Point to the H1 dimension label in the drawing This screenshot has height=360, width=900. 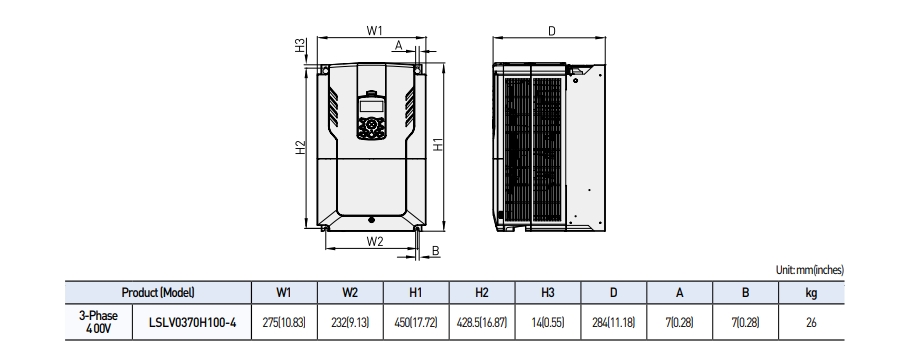[439, 146]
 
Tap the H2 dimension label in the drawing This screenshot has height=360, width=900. [300, 147]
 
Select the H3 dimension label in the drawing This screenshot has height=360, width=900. [300, 46]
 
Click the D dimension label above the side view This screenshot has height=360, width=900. [552, 31]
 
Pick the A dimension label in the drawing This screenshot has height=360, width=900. [398, 46]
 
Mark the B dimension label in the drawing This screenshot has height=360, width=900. [436, 251]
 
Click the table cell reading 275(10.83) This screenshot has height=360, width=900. [284, 321]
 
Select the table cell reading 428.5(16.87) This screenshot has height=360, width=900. [481, 321]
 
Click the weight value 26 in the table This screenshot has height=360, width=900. [810, 321]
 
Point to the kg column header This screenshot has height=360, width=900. [810, 293]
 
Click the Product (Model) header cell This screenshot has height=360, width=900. [157, 293]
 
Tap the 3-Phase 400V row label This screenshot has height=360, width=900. [98, 321]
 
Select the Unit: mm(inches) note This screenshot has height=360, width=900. [809, 270]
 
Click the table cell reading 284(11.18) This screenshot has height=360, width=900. [613, 321]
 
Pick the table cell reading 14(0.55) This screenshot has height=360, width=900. [547, 321]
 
